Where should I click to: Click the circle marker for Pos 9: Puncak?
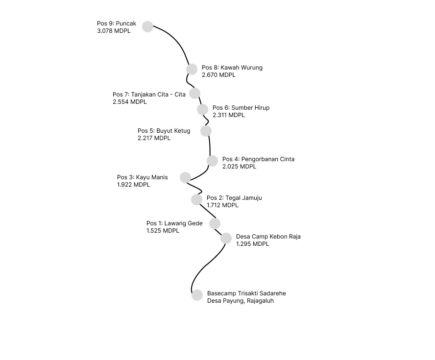tap(147, 26)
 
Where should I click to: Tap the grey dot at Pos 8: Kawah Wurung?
tap(192, 69)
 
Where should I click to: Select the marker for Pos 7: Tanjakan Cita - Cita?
tap(195, 93)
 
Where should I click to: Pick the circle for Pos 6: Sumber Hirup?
tap(202, 109)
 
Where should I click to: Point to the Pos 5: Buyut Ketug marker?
tap(206, 131)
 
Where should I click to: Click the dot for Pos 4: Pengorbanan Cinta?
tap(212, 161)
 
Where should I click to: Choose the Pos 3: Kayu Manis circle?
tap(185, 177)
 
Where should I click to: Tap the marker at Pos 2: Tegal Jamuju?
tap(197, 200)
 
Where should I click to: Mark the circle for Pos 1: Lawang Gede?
tap(215, 223)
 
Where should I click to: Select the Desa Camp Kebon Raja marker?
tap(226, 238)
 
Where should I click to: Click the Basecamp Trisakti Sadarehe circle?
tap(197, 295)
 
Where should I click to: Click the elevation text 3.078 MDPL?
tap(114, 31)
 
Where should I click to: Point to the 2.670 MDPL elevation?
tap(218, 75)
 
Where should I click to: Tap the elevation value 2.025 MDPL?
tap(239, 167)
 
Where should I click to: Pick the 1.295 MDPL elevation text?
tap(252, 244)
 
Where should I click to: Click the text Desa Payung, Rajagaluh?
tap(240, 301)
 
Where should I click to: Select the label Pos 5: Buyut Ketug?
tap(164, 131)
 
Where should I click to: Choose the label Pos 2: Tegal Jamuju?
tap(235, 198)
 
